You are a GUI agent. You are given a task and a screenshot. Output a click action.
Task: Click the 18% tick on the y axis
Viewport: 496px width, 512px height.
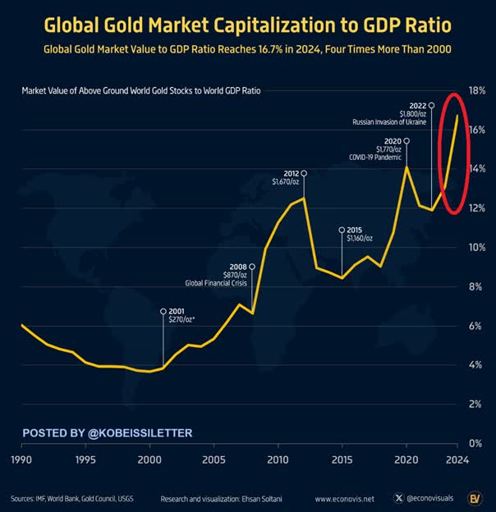476,90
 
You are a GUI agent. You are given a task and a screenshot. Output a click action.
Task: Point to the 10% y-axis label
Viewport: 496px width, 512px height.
476,247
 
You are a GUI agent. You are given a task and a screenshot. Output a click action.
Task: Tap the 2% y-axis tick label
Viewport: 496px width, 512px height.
474,404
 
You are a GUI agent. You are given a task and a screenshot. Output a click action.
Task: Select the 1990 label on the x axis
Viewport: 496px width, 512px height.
21,459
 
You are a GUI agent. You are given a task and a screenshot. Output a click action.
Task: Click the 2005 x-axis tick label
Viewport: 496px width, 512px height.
214,459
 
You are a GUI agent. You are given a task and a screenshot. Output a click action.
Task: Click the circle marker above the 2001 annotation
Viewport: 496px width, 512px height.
163,312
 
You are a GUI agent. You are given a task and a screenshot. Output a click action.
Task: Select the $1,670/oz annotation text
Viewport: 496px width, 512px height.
287,182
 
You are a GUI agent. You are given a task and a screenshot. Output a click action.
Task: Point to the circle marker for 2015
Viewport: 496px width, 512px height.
341,230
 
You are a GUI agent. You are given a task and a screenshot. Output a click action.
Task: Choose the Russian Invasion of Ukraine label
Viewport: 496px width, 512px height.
389,121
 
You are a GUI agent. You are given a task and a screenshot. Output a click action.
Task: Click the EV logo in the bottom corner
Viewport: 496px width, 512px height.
475,497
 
